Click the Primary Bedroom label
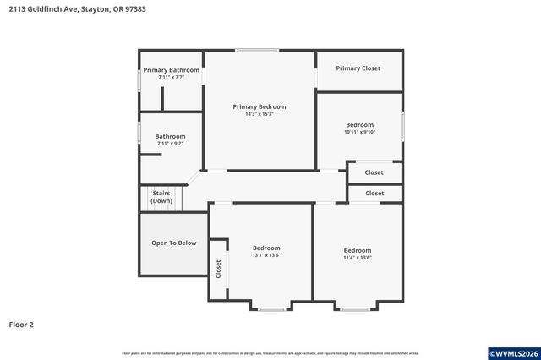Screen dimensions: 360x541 (260, 106)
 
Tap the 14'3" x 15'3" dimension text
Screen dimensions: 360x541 (260, 114)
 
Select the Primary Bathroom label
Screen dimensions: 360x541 (171, 69)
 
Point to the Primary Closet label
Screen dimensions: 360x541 (358, 68)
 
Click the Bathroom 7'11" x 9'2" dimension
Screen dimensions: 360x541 (170, 144)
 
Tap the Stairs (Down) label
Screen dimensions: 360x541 (161, 197)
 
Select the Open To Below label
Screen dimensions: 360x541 (173, 243)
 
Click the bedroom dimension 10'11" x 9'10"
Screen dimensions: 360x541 (358, 132)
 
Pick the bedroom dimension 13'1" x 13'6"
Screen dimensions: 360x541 (266, 255)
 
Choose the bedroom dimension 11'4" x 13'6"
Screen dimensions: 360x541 (357, 258)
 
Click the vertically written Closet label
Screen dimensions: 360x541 (218, 270)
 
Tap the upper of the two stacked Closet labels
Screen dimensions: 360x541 (374, 172)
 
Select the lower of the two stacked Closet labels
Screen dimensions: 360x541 (374, 194)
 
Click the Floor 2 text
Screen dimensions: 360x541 (21, 324)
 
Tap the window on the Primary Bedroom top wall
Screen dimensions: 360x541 (257, 51)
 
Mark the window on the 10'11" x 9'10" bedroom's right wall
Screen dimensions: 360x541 (402, 125)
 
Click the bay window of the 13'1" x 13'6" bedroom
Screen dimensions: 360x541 (271, 309)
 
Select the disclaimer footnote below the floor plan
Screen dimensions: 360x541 (270, 352)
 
